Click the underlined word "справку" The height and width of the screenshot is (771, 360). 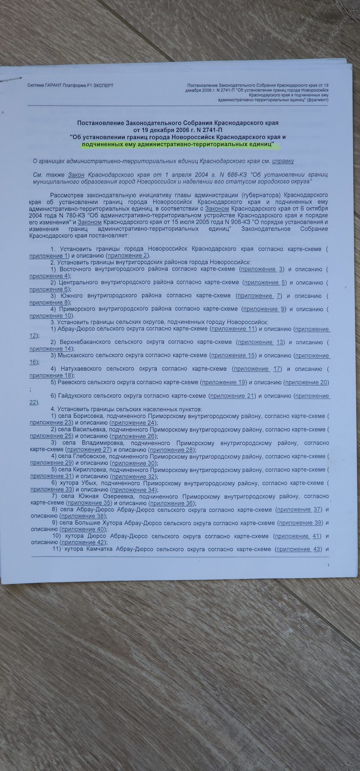pyautogui.click(x=283, y=161)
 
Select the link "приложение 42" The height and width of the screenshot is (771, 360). pyautogui.click(x=83, y=542)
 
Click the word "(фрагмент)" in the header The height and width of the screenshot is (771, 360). pyautogui.click(x=318, y=100)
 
